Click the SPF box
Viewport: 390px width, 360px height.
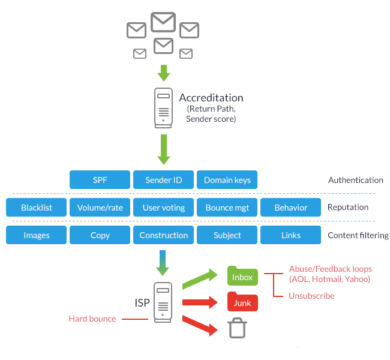point(100,180)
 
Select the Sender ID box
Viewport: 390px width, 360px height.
point(163,180)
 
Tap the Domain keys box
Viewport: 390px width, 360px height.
point(227,180)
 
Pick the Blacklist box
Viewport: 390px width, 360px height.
point(36,208)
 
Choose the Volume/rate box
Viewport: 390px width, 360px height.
point(100,208)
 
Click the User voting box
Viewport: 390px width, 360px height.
point(163,208)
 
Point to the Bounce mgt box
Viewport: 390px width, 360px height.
point(227,208)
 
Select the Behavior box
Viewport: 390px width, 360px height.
point(290,208)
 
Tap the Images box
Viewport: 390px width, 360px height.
point(36,235)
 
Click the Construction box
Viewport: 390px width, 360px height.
point(163,235)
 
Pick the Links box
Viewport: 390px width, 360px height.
point(290,235)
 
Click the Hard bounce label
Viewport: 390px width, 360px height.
point(92,319)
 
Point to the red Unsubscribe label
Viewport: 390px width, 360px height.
point(311,296)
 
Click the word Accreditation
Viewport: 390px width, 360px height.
point(211,98)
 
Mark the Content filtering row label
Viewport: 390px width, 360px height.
point(358,235)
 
